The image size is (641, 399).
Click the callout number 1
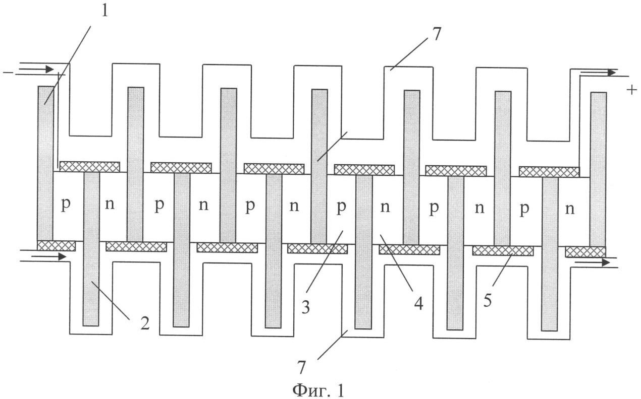click(x=105, y=11)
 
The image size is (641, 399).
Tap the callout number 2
click(x=145, y=323)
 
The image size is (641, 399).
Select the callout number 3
click(x=306, y=307)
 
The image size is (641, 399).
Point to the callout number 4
click(x=418, y=304)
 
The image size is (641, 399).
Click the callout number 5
click(x=488, y=300)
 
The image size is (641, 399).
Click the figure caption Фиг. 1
click(x=318, y=390)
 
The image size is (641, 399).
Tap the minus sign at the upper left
click(x=8, y=73)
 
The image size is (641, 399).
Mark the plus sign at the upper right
click(x=631, y=90)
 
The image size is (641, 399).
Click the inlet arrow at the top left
click(x=36, y=69)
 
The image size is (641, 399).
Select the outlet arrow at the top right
click(x=599, y=73)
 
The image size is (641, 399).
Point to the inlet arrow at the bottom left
click(x=48, y=257)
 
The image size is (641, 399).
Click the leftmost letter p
click(x=66, y=205)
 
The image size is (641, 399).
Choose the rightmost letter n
click(x=570, y=210)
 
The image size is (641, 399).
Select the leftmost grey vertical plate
click(x=45, y=163)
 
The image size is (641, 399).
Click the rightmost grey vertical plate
click(x=598, y=170)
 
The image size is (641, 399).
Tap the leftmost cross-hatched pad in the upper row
click(x=90, y=167)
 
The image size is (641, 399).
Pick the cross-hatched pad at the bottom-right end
click(x=585, y=252)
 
